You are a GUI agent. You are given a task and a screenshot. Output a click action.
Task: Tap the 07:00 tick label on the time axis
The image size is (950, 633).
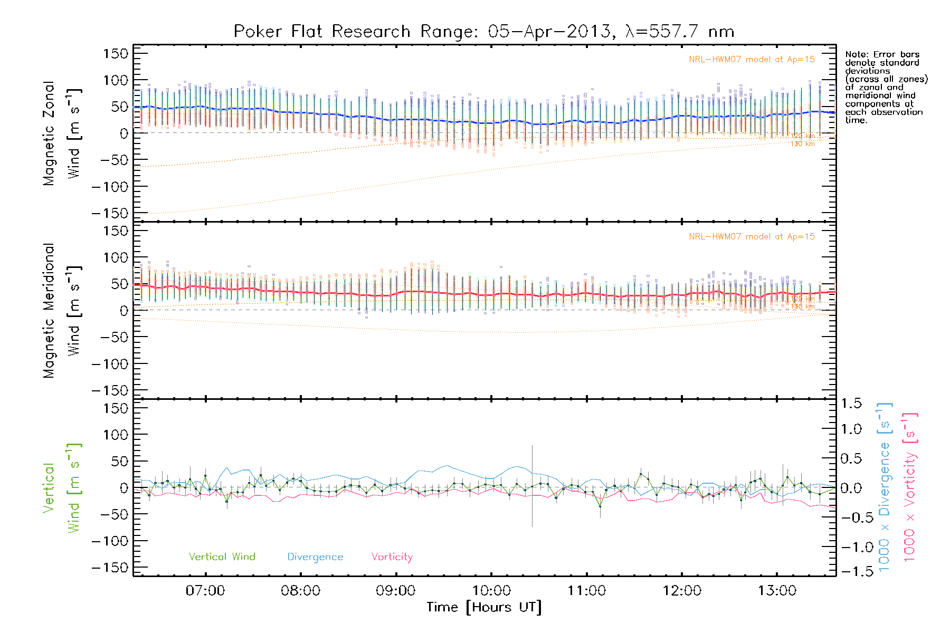click(205, 591)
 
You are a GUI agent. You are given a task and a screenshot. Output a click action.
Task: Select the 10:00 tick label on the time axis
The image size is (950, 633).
click(491, 591)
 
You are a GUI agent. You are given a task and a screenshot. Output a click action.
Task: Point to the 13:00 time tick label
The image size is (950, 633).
click(777, 591)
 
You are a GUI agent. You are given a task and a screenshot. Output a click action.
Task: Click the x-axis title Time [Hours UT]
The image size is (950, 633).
click(484, 608)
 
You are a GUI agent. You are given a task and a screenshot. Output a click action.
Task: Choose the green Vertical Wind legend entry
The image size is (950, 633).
click(222, 557)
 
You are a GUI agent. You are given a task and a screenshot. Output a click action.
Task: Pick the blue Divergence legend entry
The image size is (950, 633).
click(315, 557)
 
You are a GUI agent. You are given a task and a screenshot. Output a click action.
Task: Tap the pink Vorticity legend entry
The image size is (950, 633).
click(392, 557)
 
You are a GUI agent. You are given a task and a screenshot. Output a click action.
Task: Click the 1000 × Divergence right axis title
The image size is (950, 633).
click(885, 487)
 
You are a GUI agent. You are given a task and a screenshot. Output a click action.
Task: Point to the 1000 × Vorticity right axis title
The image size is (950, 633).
click(910, 487)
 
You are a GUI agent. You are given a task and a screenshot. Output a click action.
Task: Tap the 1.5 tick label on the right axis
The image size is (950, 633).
click(851, 404)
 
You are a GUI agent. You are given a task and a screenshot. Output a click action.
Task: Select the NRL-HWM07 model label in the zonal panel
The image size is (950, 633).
click(752, 60)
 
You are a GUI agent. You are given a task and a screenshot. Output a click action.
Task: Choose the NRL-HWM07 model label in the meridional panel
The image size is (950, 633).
click(752, 237)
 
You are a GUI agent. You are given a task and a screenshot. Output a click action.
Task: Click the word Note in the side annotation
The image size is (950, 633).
click(855, 54)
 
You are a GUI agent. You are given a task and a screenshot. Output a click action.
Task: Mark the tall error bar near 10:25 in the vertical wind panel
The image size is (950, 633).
click(532, 485)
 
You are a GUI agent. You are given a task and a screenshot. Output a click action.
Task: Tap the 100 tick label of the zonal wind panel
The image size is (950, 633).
click(116, 80)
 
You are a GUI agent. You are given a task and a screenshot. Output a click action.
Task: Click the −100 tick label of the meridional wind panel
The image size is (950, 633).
click(110, 364)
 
